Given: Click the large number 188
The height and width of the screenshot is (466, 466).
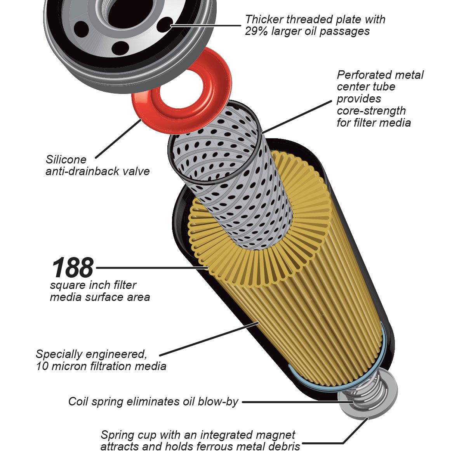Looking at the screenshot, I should [73, 268].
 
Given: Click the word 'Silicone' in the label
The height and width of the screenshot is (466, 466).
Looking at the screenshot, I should [66, 160].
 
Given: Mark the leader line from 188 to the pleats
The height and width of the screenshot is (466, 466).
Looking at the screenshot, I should [151, 268].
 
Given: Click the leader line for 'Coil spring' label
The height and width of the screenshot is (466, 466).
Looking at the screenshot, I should [291, 402].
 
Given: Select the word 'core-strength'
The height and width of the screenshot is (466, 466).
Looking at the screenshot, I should [371, 111].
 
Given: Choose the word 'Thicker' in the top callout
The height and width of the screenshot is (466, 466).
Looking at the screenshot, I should [264, 19].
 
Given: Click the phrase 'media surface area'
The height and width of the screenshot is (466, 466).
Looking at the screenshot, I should [100, 297].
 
